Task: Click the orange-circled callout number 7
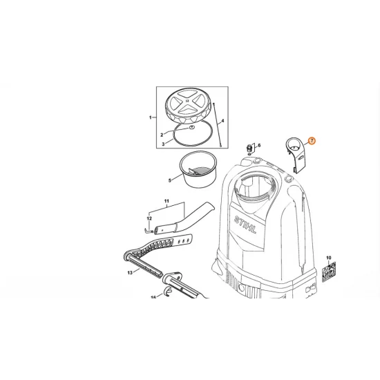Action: point(312,141)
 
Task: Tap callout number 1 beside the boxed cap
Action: point(151,117)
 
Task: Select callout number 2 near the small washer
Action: point(162,135)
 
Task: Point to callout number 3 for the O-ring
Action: point(163,144)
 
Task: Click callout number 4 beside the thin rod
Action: point(222,121)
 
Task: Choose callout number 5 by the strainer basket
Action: point(170,180)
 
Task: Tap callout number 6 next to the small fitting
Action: point(259,145)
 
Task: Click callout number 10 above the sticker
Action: point(329,258)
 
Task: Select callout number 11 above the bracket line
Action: point(167,201)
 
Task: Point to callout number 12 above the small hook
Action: point(149,218)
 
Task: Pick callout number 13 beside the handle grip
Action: point(130,273)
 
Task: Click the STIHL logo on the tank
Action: point(245,225)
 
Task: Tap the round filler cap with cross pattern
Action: point(186,106)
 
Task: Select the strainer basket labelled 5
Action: point(198,169)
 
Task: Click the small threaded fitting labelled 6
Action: point(249,149)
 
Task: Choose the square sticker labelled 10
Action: point(329,272)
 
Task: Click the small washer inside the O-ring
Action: point(191,127)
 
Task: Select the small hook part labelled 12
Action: point(148,230)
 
